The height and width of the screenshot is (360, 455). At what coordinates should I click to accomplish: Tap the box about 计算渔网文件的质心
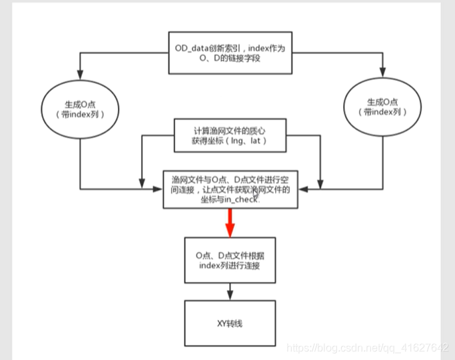point(230,135)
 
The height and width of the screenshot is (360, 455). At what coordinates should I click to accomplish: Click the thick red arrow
point(230,221)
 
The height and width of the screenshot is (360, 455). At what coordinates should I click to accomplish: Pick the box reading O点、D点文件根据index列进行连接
point(230,261)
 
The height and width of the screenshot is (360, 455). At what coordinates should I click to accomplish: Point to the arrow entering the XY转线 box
point(230,291)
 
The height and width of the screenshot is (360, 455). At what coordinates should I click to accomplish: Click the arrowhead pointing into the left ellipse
point(79,75)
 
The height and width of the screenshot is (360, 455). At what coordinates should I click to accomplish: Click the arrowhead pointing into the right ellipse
point(383,75)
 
